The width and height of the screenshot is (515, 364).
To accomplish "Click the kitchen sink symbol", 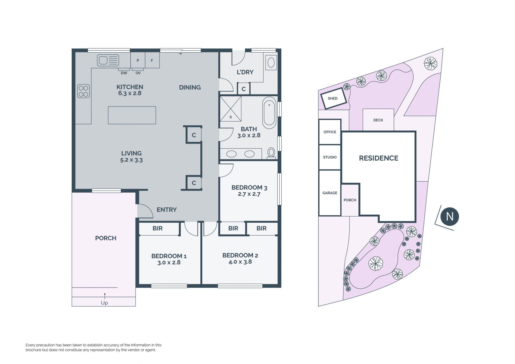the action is pos(108,60).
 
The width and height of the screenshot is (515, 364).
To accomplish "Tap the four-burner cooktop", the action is pos(83,91).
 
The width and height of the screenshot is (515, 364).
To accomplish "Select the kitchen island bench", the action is pos(132,115).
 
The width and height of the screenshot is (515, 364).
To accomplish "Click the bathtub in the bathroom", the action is pos(269,113).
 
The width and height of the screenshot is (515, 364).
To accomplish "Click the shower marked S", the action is pos(231,109).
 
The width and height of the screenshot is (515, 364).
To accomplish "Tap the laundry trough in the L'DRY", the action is pos(271,62).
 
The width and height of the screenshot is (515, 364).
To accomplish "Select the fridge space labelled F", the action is pos(152,60).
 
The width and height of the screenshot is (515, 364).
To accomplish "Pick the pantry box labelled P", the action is pos(138,60).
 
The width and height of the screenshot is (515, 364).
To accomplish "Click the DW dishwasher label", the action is pos(124,73).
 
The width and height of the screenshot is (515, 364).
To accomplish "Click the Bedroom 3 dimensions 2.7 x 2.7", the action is pos(249,194).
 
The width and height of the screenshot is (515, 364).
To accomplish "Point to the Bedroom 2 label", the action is pos(240,255).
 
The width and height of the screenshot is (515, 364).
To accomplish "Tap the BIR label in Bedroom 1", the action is pos(157,228).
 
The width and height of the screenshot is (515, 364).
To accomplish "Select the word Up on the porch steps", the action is pos(104,303).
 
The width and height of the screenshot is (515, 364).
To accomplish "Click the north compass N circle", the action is pos(450,216).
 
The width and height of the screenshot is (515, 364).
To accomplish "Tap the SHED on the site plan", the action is pos(333,98).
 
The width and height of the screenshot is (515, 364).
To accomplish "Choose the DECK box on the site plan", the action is pos(378,120).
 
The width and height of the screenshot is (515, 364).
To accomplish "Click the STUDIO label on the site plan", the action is pos(330,157).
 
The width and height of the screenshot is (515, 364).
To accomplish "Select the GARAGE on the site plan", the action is pos(330,193).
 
